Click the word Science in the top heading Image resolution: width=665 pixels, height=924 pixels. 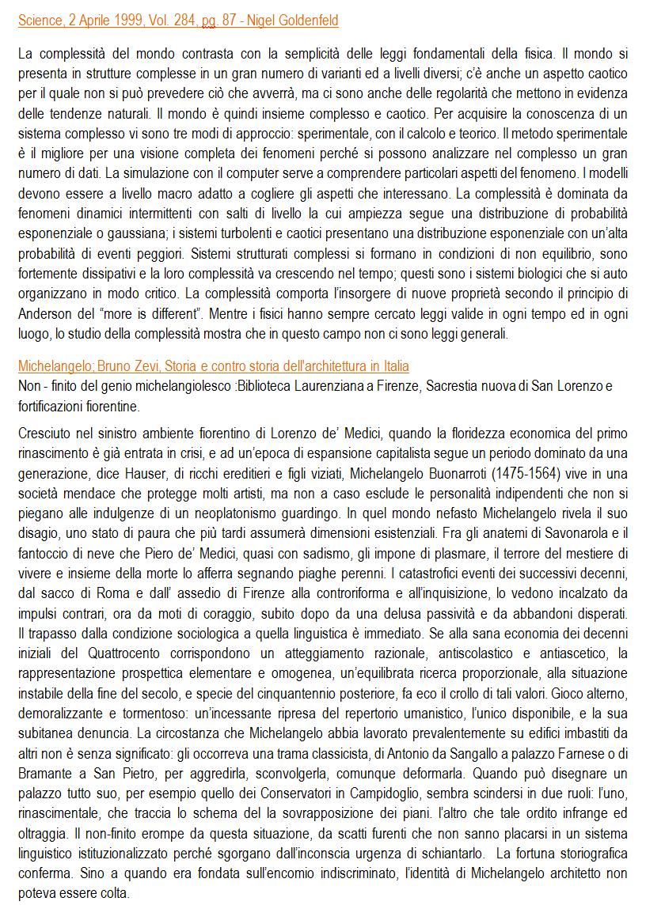pos(41,21)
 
